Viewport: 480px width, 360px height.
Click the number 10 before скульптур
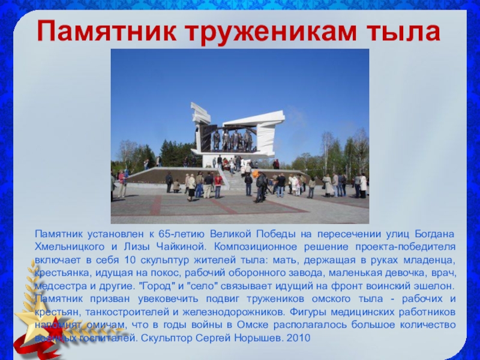coord(130,260)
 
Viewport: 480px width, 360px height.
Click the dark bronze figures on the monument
coord(233,140)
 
